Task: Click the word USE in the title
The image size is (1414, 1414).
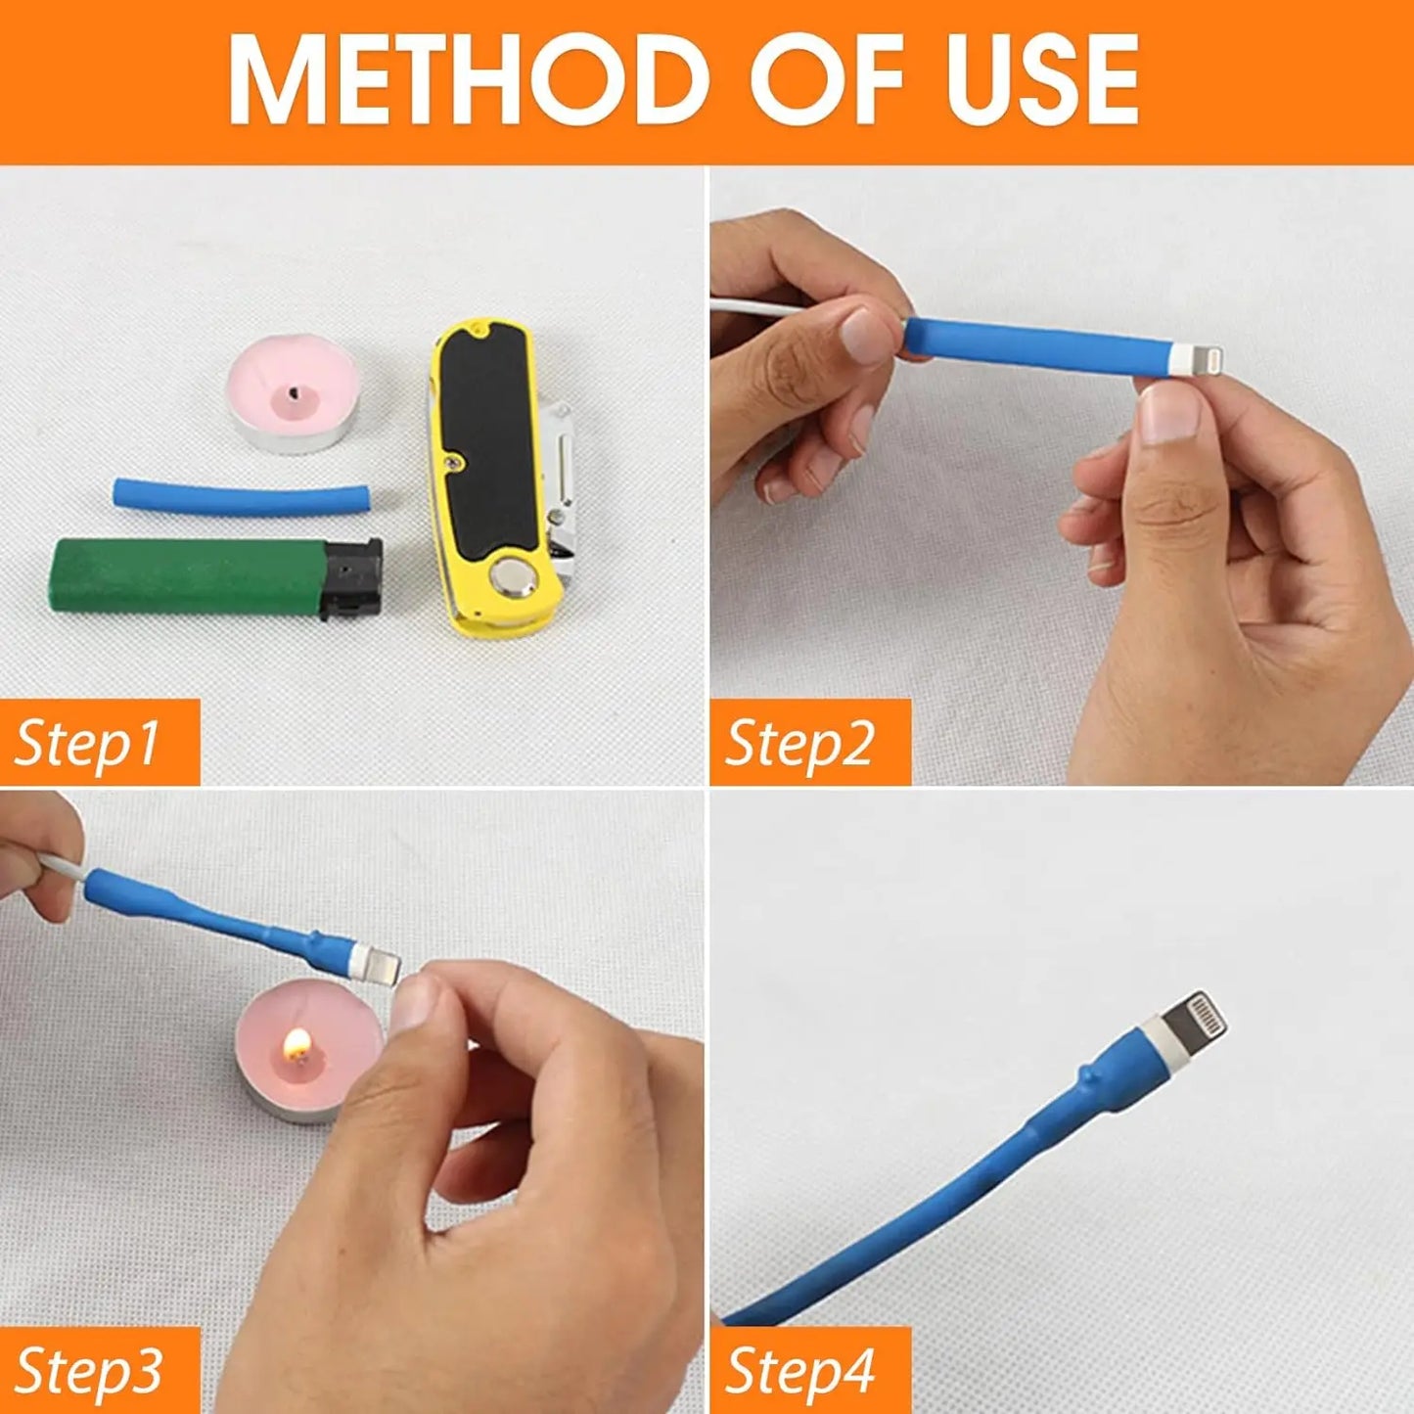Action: coord(1041,79)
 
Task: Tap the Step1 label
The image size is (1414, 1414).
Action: coord(88,742)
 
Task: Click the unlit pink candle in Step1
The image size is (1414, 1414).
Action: coord(294,391)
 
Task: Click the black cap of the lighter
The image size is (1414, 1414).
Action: coord(350,579)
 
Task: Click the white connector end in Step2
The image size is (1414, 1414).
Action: coord(1186,357)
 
